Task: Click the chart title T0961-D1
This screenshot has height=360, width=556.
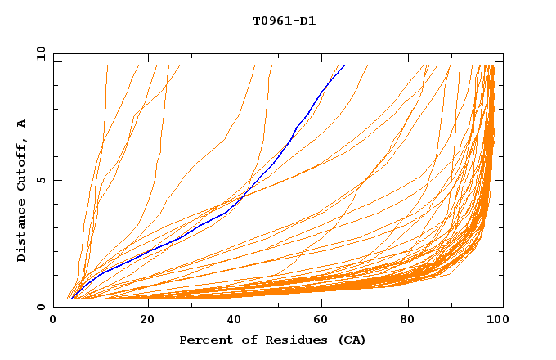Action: pyautogui.click(x=285, y=21)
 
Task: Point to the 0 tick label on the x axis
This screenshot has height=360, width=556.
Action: pyautogui.click(x=53, y=320)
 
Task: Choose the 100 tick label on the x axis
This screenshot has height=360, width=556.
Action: pyautogui.click(x=496, y=320)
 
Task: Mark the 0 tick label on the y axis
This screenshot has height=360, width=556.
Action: pyautogui.click(x=40, y=308)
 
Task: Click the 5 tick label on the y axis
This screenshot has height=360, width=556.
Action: pyautogui.click(x=40, y=181)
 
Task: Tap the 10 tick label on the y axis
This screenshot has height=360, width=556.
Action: pyautogui.click(x=40, y=54)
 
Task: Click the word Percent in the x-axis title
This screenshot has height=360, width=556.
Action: pyautogui.click(x=203, y=340)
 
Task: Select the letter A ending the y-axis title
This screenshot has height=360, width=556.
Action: pyautogui.click(x=22, y=124)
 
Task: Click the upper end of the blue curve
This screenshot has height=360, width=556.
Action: pyautogui.click(x=344, y=65)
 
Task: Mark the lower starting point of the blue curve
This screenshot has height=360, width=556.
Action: pyautogui.click(x=71, y=299)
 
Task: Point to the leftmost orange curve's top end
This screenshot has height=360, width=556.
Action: pyautogui.click(x=107, y=65)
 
